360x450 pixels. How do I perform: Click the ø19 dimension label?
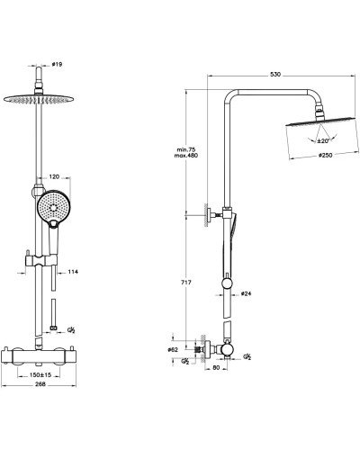(x=57, y=64)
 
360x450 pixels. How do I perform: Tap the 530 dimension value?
(x=275, y=75)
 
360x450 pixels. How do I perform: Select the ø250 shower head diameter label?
(x=325, y=156)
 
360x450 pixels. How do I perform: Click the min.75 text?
(x=186, y=149)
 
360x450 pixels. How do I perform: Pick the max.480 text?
(x=186, y=156)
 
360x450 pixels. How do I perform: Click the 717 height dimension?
(x=186, y=283)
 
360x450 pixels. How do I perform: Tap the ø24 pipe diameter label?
(x=246, y=293)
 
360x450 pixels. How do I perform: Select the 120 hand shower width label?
(x=54, y=176)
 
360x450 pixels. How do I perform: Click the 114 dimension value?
(x=73, y=272)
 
